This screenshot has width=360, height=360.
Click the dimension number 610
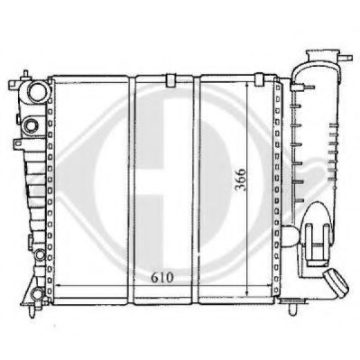click(162, 277)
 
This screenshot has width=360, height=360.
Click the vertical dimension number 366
click(240, 180)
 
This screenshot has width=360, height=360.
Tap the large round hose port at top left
click(38, 91)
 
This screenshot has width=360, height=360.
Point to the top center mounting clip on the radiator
click(171, 80)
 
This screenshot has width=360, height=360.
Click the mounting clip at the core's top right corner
click(259, 79)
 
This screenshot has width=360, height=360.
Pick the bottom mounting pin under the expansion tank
click(292, 309)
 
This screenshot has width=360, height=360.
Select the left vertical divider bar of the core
click(132, 189)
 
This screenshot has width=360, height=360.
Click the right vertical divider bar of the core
click(196, 189)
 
